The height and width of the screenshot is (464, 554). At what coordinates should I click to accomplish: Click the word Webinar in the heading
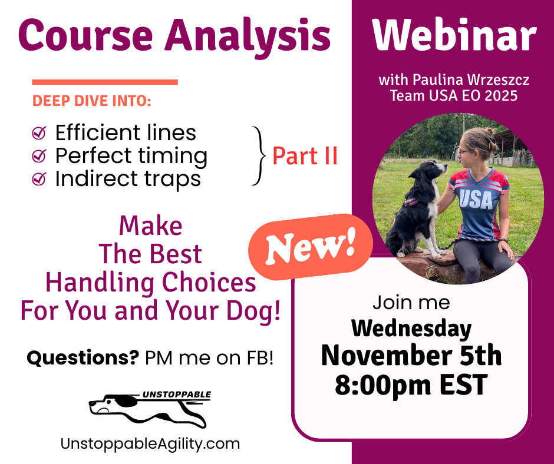[454, 34]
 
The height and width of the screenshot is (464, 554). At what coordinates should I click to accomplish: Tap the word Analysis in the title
[248, 37]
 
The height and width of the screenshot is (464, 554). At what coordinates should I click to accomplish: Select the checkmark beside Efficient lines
[39, 133]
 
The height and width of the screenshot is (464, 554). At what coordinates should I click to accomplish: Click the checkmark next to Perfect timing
[39, 155]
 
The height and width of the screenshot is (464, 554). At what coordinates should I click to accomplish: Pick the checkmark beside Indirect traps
[39, 178]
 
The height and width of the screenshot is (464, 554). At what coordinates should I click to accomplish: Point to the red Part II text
[305, 156]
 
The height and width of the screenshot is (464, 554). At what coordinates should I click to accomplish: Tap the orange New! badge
[311, 247]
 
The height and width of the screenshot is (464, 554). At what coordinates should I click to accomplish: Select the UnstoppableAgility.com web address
[150, 444]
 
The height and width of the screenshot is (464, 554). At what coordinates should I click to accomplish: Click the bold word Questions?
[83, 357]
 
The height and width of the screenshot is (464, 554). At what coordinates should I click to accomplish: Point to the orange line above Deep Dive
[105, 82]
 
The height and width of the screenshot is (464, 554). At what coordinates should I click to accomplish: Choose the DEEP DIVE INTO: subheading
[92, 101]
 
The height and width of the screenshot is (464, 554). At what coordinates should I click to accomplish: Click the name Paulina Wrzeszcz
[471, 80]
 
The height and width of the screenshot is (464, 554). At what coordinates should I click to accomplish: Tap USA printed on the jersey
[476, 200]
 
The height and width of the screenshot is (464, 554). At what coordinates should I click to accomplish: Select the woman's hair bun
[489, 132]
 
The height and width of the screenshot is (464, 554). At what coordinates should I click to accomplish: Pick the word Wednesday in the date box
[411, 329]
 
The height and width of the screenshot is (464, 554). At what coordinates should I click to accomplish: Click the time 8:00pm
[383, 385]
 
